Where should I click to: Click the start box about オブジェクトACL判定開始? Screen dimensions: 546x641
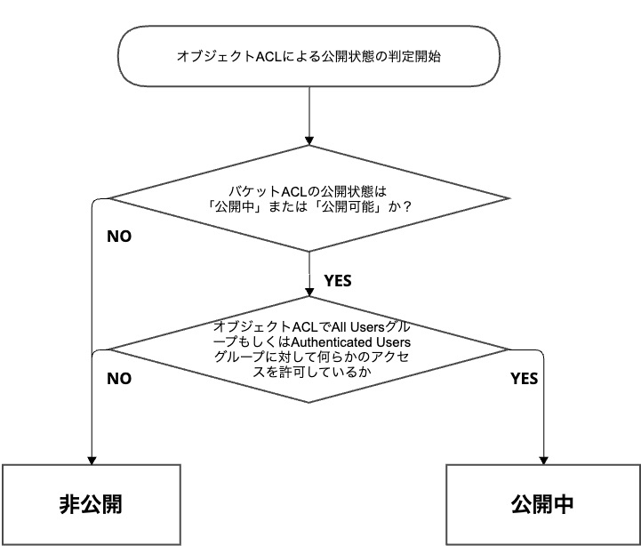click(308, 56)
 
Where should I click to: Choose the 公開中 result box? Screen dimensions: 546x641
click(542, 504)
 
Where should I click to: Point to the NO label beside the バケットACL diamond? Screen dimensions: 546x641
click(120, 237)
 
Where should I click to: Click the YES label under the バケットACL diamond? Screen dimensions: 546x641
click(338, 280)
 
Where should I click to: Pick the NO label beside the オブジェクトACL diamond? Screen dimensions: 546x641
click(120, 378)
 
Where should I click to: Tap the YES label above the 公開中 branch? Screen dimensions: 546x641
click(525, 378)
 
